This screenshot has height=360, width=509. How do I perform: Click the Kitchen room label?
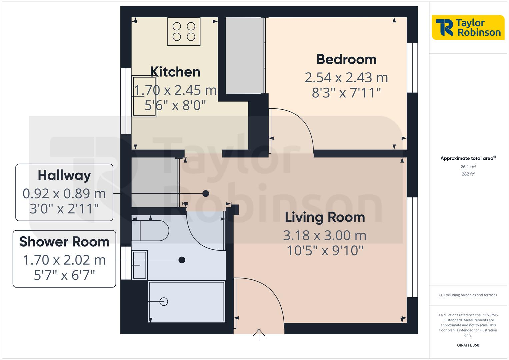pyautogui.click(x=175, y=72)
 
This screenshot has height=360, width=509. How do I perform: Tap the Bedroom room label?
pyautogui.click(x=346, y=59)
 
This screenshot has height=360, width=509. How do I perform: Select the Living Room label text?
pyautogui.click(x=325, y=217)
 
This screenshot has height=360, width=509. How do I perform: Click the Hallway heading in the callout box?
pyautogui.click(x=64, y=175)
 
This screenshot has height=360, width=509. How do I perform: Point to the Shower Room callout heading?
pyautogui.click(x=64, y=242)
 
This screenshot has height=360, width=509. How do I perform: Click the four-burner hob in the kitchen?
pyautogui.click(x=184, y=31)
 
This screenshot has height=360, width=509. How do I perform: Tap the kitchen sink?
pyautogui.click(x=144, y=96)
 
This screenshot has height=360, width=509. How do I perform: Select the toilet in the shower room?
pyautogui.click(x=150, y=230)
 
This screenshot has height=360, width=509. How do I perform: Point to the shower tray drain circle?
pyautogui.click(x=164, y=301)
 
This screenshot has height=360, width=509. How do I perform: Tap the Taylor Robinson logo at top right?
pyautogui.click(x=468, y=28)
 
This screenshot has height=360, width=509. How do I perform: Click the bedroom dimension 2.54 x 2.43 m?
pyautogui.click(x=346, y=78)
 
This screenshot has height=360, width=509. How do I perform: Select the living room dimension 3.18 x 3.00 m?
pyautogui.click(x=325, y=236)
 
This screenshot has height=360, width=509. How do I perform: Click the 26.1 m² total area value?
pyautogui.click(x=468, y=167)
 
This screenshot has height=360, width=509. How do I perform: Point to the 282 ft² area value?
pyautogui.click(x=468, y=174)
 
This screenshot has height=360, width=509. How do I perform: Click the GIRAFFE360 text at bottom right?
pyautogui.click(x=468, y=345)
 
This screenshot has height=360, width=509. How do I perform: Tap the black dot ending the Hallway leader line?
pyautogui.click(x=206, y=193)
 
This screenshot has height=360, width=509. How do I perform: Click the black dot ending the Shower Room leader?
pyautogui.click(x=182, y=260)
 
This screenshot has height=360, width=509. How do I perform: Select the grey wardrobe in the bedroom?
pyautogui.click(x=245, y=55)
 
